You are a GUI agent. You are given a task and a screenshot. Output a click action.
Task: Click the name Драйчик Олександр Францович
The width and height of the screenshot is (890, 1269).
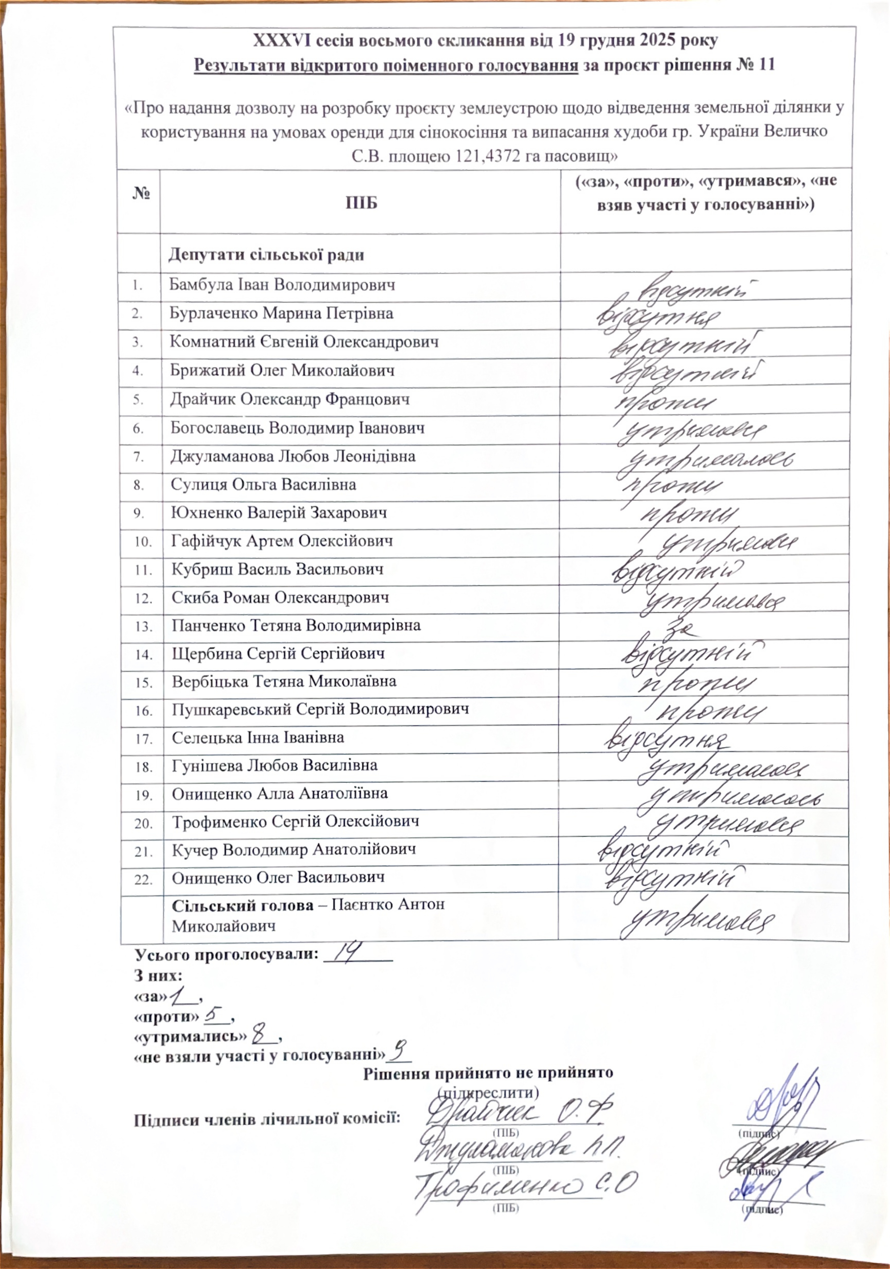[289, 399]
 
